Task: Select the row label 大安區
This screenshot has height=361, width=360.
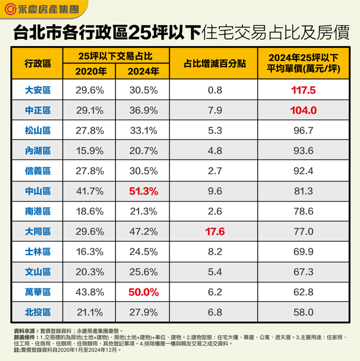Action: [37, 90]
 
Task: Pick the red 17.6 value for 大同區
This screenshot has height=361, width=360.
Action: [216, 231]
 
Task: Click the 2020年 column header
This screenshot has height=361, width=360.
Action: [89, 71]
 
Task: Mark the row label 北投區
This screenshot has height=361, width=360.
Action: [37, 312]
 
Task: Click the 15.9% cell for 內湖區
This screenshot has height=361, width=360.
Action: [89, 151]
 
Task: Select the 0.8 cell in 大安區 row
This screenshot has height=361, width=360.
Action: [216, 90]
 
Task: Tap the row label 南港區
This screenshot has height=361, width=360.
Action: [37, 211]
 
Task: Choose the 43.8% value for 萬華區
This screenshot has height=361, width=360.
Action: [89, 292]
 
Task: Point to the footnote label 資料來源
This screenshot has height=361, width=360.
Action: [26, 332]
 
